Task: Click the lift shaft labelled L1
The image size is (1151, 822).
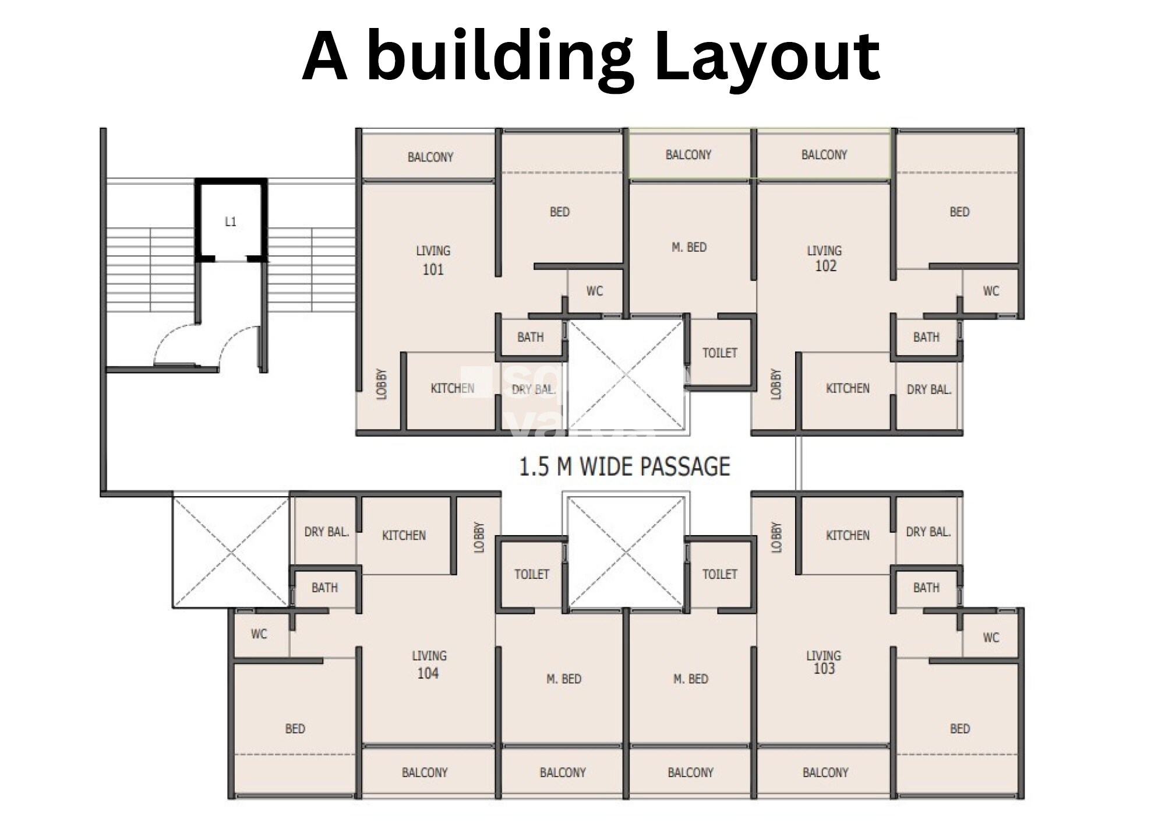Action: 231,220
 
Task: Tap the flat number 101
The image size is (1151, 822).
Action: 433,269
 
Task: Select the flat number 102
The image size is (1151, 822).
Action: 825,266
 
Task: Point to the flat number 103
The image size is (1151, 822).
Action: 824,669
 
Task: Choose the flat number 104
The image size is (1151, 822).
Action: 428,673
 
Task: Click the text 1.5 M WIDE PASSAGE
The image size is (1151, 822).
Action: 624,466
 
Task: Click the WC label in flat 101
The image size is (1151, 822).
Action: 595,291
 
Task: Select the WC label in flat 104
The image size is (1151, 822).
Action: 259,634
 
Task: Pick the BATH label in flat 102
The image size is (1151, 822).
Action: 926,337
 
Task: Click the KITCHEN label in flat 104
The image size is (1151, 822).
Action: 404,535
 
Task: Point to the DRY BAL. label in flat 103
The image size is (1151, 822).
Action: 928,532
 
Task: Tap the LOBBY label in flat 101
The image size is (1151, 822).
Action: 382,384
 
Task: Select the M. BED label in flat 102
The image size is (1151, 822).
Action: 689,247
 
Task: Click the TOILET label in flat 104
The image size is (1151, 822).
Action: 532,574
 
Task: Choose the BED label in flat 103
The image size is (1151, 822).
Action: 960,729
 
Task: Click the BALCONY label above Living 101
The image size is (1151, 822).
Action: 430,157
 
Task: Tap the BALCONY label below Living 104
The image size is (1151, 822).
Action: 425,772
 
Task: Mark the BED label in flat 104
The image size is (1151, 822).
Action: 295,729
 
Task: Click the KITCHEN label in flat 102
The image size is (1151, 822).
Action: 848,388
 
